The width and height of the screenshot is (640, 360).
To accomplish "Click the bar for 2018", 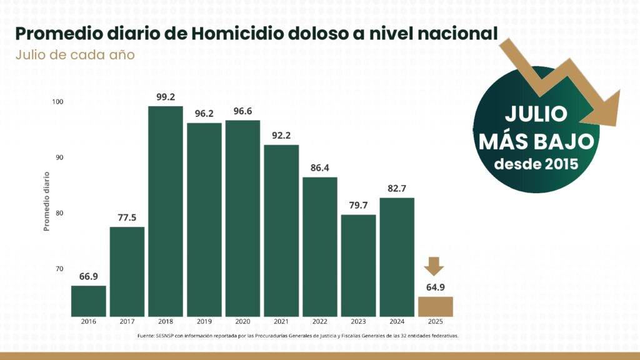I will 166,211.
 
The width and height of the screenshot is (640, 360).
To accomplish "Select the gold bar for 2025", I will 435,306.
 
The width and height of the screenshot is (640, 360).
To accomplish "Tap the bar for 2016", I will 88,301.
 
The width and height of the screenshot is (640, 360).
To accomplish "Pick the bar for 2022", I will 320,247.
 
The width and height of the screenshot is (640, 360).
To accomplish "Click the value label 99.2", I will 166,97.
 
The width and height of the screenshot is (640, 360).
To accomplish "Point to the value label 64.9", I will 435,287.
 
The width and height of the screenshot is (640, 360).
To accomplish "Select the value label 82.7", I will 396,188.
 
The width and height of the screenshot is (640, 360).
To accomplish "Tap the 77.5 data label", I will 127,217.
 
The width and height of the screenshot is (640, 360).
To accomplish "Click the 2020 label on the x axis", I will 242,322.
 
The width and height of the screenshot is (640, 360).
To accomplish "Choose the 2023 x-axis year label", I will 358,322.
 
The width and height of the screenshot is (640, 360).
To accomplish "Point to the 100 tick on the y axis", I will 58,102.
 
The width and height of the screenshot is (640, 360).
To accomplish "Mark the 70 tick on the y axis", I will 59,269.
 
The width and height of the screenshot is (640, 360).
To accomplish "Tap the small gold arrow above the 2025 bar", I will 434,266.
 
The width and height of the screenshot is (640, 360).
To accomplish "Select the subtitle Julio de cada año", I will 75,54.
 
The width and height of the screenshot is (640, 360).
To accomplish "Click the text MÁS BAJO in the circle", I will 536,141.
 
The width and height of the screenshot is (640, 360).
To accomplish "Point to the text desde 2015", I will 536,165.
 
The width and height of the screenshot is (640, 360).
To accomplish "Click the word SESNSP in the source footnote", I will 166,336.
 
